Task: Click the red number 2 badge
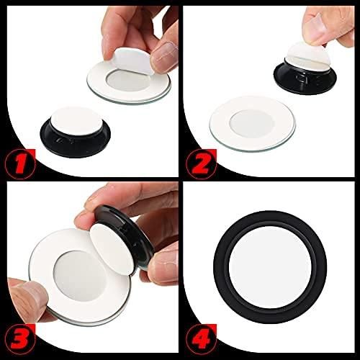[201, 164]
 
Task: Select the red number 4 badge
[201, 339]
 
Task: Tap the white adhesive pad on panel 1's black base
[75, 120]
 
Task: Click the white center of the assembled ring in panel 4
[270, 267]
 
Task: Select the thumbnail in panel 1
[166, 54]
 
